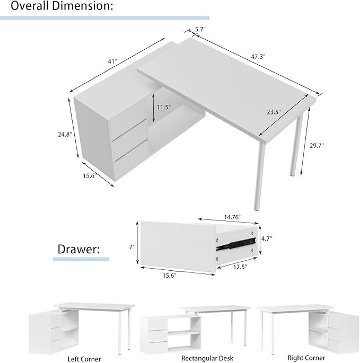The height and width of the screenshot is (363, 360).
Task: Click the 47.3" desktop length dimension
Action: click(259, 55)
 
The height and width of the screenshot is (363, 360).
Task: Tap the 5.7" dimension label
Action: click(200, 30)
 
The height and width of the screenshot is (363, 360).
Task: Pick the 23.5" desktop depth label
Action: click(274, 112)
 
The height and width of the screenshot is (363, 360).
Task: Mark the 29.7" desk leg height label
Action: click(317, 145)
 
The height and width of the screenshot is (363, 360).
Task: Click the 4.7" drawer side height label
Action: click(266, 238)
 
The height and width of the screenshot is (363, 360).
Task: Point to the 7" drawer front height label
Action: click(132, 246)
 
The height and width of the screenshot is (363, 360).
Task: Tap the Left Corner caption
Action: click(84, 359)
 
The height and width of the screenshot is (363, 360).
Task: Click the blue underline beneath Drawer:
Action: click(81, 259)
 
